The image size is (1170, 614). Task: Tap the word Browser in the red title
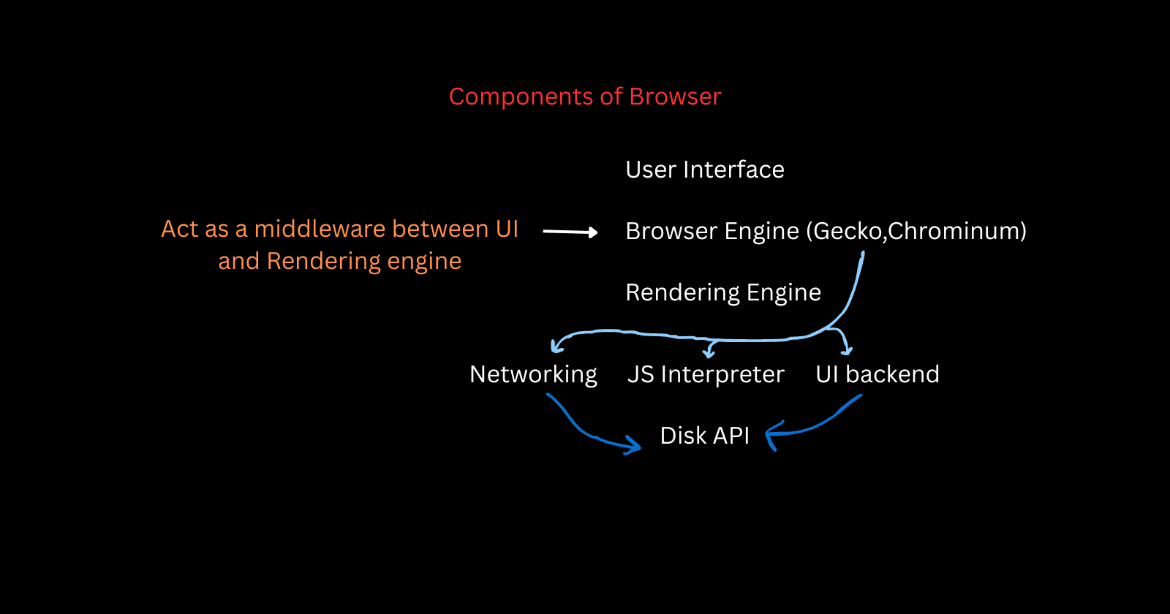click(x=675, y=97)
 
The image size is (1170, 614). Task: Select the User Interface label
click(x=705, y=170)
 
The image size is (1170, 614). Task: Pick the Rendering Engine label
click(x=723, y=293)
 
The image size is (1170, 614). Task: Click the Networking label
click(x=533, y=375)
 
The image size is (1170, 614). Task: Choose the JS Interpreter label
click(x=706, y=375)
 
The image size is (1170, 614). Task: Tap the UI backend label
click(x=877, y=375)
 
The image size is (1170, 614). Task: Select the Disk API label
click(x=704, y=436)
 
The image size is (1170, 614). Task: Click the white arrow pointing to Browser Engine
click(x=570, y=232)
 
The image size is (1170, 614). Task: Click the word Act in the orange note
click(x=179, y=230)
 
